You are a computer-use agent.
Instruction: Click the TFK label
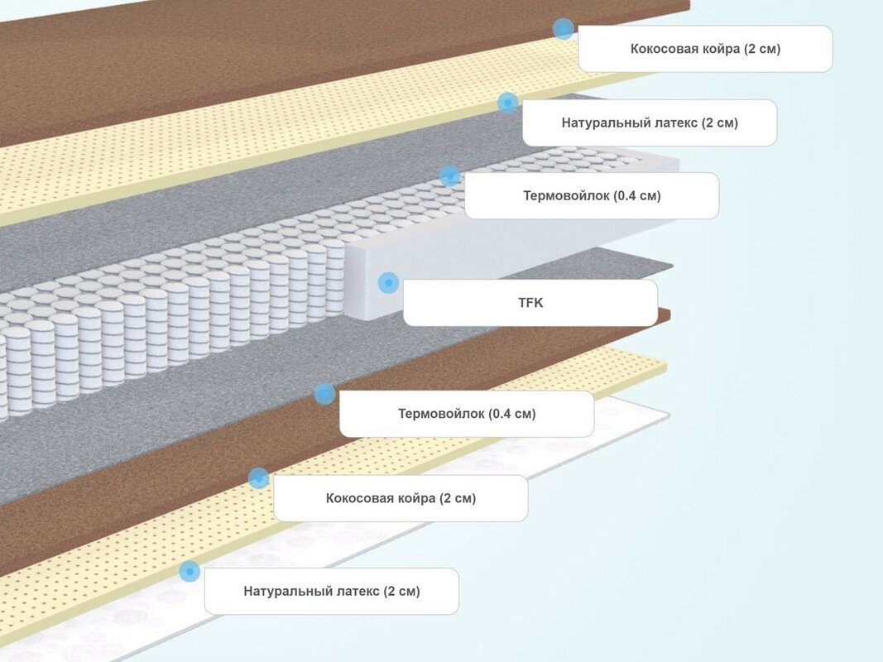(530, 303)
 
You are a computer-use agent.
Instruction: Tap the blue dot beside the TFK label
(388, 283)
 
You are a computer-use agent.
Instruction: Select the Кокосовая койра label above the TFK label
(705, 49)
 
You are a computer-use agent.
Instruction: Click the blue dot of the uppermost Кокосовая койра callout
(564, 29)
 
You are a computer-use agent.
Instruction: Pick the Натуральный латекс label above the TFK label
(650, 123)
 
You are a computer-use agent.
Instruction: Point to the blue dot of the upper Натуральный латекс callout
(508, 103)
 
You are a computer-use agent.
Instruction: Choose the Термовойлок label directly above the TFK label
(592, 196)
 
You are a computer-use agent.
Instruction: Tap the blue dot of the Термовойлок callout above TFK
(449, 175)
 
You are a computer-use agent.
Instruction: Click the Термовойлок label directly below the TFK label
(467, 414)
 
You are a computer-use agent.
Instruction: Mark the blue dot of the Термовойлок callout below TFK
(324, 394)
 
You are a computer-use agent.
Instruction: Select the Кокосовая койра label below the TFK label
(401, 498)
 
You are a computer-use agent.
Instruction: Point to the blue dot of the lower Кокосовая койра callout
(259, 477)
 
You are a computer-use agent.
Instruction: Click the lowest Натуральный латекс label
(332, 591)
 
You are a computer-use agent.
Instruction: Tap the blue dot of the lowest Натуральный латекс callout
(190, 570)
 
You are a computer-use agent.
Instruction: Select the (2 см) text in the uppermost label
(761, 49)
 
